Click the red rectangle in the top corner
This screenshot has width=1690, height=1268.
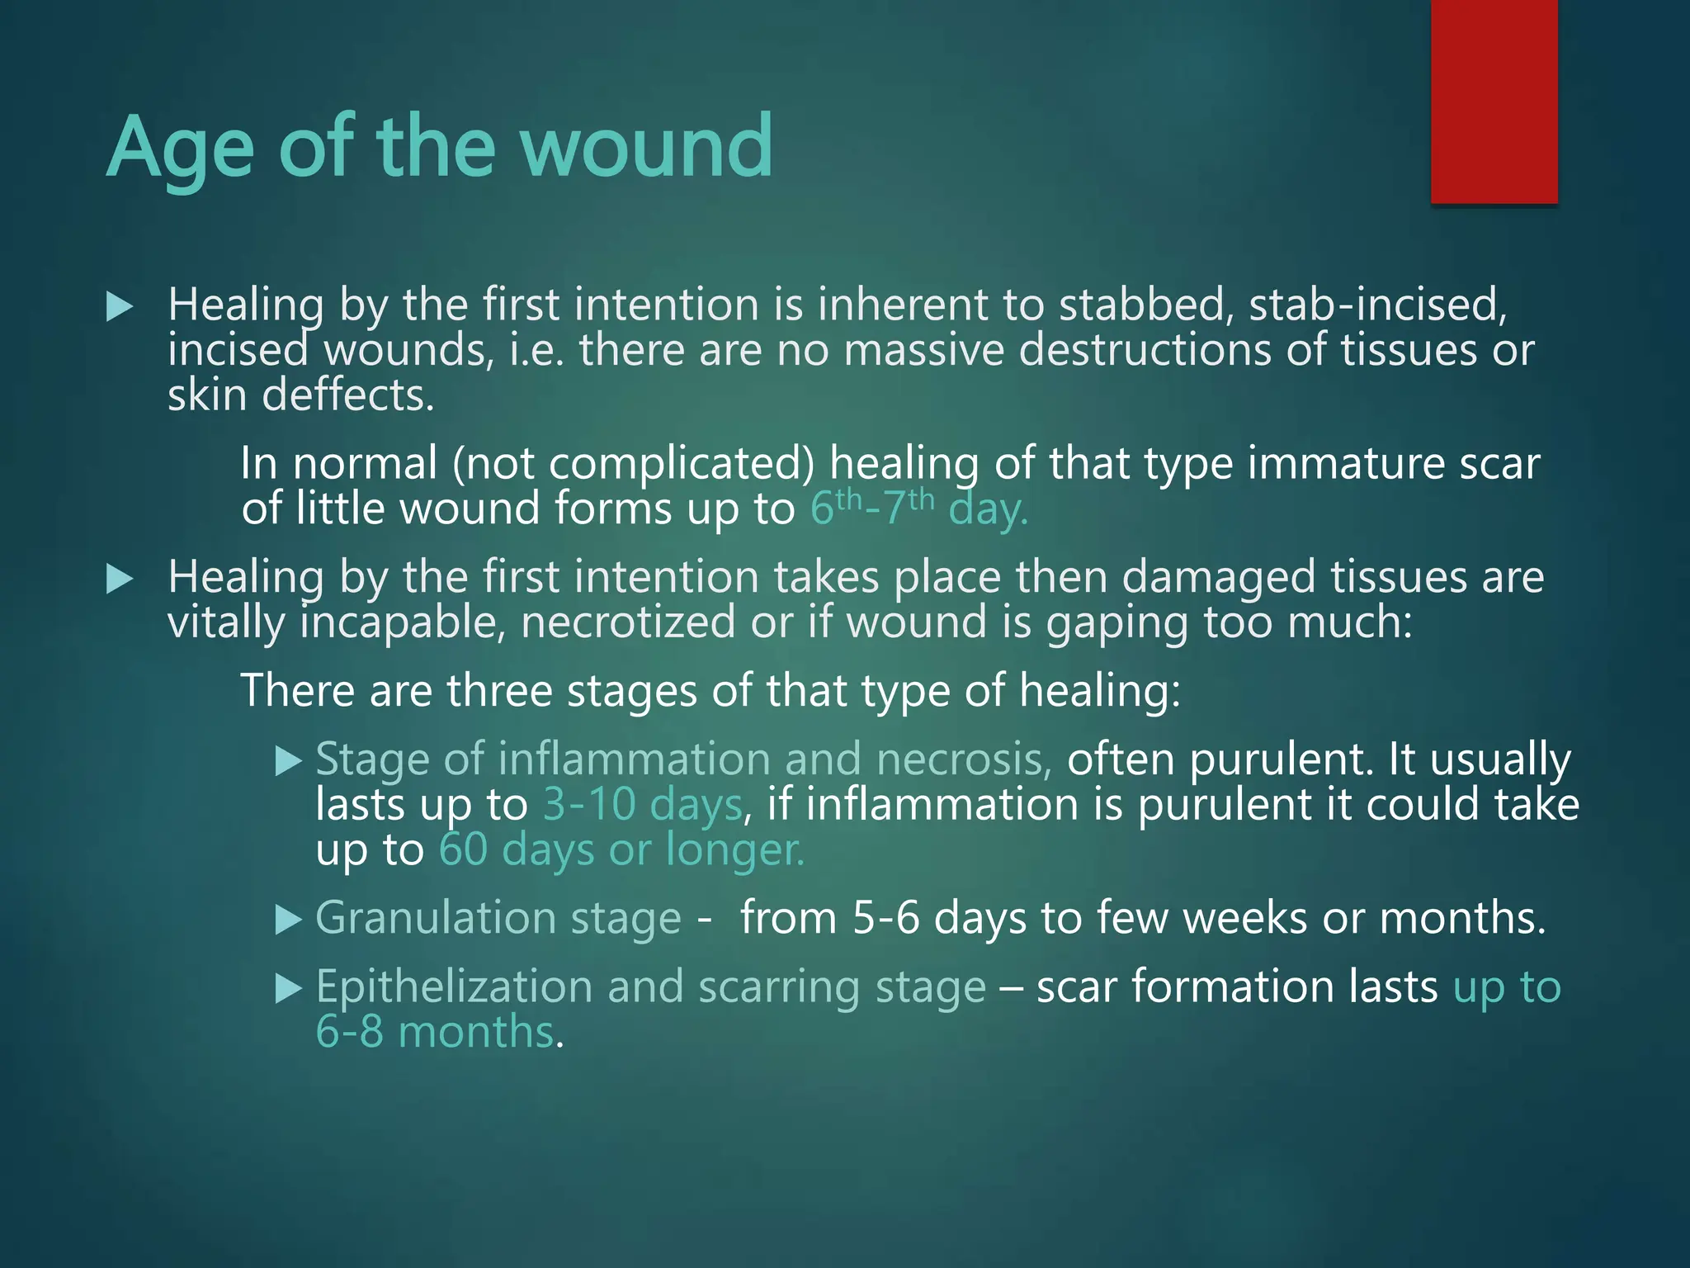1494,101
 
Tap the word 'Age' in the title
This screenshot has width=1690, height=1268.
180,149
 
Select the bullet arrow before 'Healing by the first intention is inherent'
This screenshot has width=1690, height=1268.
120,307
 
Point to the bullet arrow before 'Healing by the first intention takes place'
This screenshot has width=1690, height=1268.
120,579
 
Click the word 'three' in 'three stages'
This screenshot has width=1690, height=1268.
499,690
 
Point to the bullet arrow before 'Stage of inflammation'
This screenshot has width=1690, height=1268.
288,759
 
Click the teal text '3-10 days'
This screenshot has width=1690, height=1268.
642,804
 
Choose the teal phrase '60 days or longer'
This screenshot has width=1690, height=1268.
621,849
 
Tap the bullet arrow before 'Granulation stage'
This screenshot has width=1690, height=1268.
288,919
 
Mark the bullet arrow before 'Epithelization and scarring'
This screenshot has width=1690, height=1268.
288,987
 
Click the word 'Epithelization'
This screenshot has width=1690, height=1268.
454,987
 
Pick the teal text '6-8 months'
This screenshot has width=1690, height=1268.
435,1032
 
